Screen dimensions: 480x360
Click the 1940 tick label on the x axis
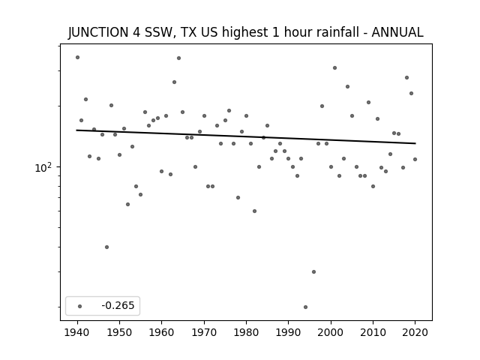click(77, 332)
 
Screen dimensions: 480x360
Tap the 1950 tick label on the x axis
click(119, 332)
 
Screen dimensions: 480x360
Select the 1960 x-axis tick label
click(162, 332)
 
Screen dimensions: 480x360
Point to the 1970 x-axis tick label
click(204, 332)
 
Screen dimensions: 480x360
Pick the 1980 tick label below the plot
click(246, 332)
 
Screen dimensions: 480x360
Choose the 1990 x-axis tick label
click(288, 332)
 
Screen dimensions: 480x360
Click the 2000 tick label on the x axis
click(331, 332)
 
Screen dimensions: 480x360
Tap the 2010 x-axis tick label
click(373, 332)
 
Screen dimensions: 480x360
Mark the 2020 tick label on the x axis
click(415, 332)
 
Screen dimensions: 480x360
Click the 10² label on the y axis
click(43, 167)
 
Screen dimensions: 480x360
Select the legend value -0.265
click(118, 305)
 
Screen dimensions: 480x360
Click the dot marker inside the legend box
click(80, 306)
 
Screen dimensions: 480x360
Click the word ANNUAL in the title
click(397, 32)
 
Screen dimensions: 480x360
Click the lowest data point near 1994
click(305, 307)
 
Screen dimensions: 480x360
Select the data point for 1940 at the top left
click(77, 57)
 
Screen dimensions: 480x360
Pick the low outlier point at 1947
click(106, 247)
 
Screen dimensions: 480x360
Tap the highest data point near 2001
click(335, 67)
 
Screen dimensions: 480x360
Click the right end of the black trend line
click(415, 143)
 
